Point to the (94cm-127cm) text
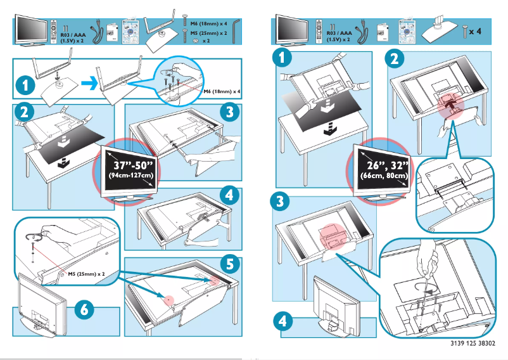[x=131, y=175]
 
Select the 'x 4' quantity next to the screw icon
[x=484, y=30]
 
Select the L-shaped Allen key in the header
[x=235, y=29]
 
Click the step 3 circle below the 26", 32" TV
[x=279, y=202]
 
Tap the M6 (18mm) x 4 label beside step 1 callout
[x=221, y=92]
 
